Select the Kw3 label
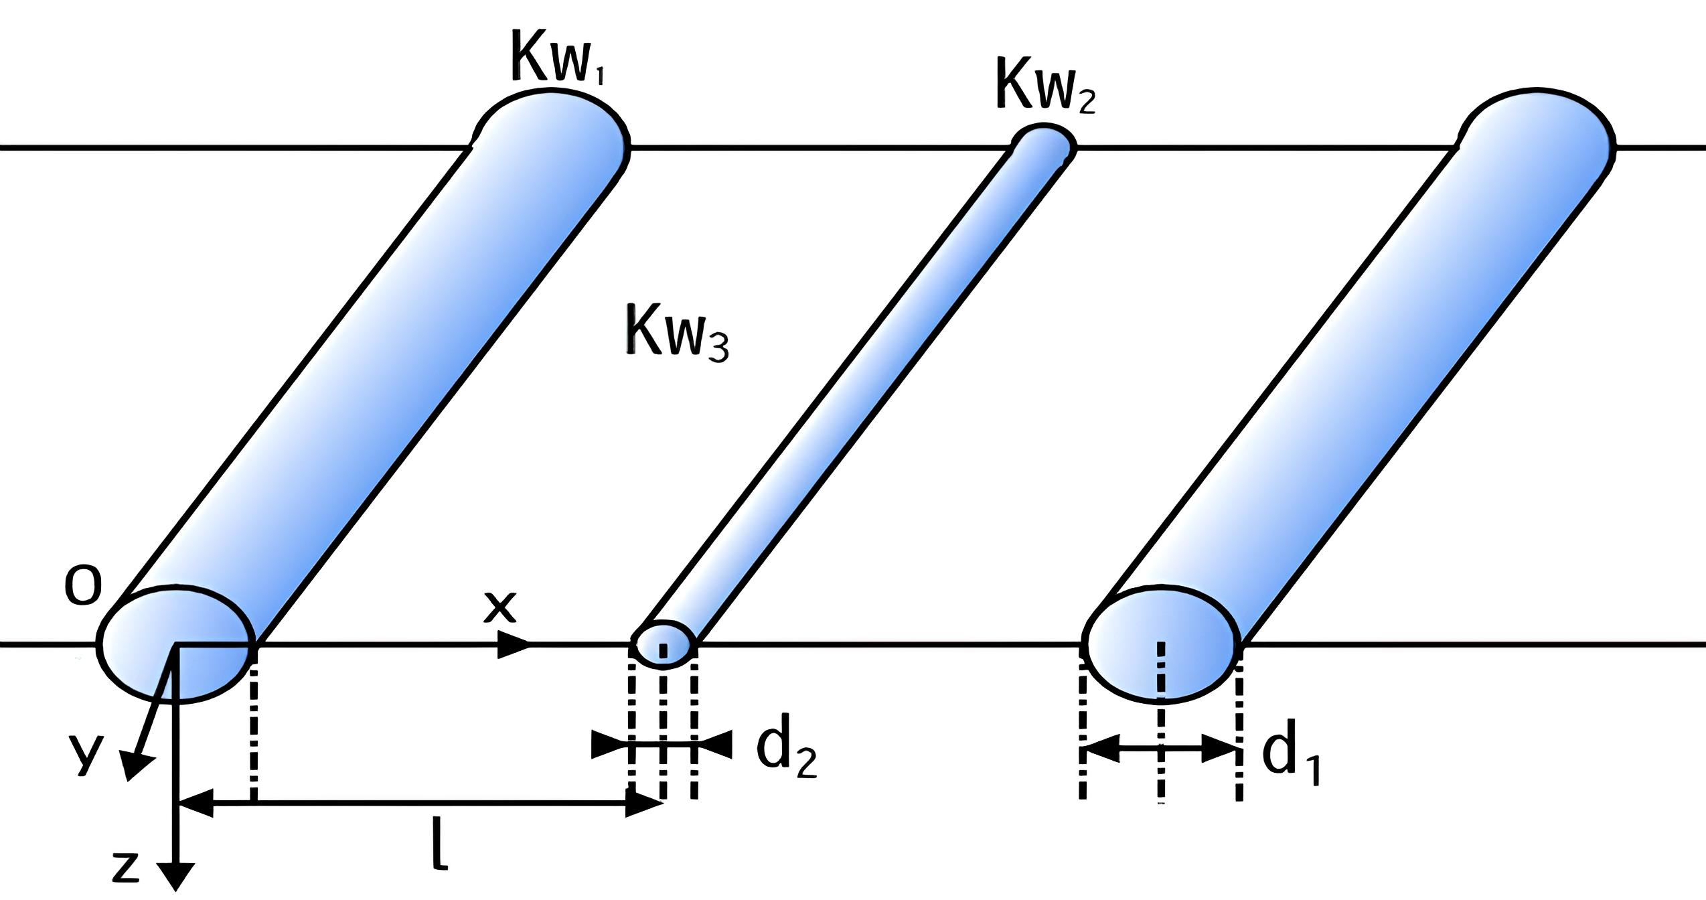[x=677, y=333]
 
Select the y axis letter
[x=88, y=755]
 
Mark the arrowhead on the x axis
[x=514, y=644]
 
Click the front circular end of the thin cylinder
[x=664, y=644]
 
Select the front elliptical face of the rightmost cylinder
[x=1162, y=644]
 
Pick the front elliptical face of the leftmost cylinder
[x=176, y=644]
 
